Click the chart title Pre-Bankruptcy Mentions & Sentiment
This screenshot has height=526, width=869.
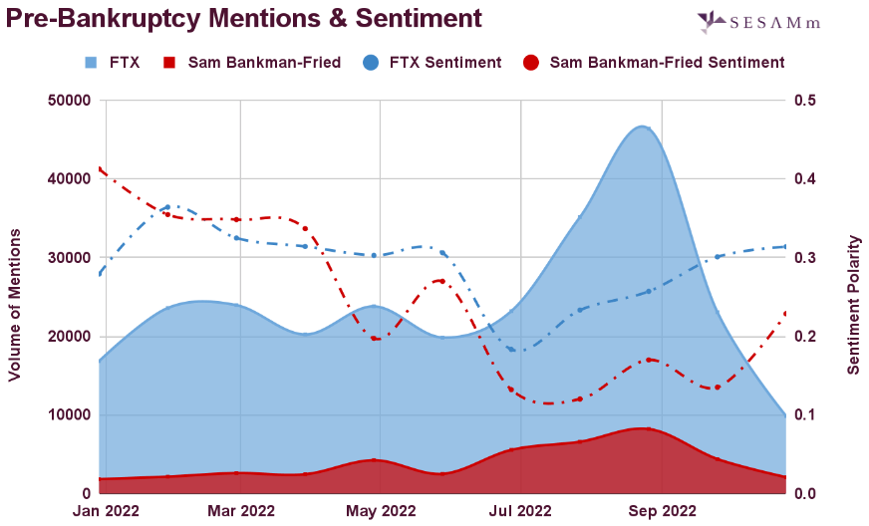244,18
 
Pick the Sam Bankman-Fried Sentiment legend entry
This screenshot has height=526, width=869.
654,62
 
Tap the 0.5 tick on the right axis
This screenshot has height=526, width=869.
806,101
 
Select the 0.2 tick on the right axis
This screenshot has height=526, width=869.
806,337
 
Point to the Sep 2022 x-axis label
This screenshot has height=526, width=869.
660,511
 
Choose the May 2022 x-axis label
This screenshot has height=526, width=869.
380,511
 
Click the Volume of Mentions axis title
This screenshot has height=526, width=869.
15,304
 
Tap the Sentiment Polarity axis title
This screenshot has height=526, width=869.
853,305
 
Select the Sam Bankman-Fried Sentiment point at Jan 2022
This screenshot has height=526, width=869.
100,169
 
